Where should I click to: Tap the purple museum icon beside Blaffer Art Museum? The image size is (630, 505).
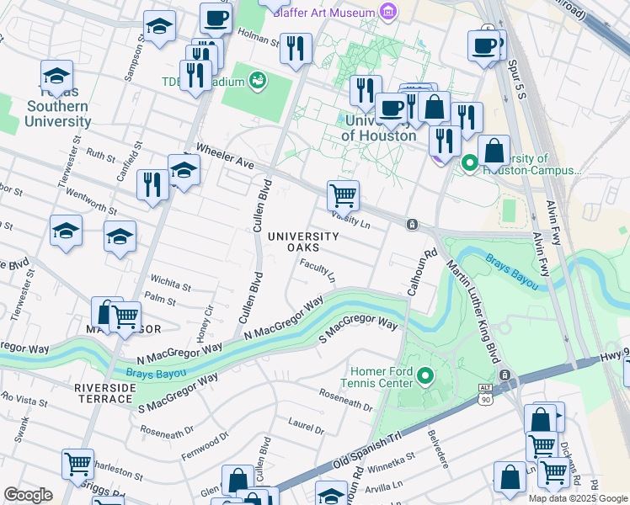pyautogui.click(x=387, y=12)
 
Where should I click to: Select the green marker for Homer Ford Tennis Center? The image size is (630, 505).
pyautogui.click(x=426, y=375)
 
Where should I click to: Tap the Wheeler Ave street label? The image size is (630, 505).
pyautogui.click(x=225, y=156)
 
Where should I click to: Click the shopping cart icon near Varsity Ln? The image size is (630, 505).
pyautogui.click(x=343, y=195)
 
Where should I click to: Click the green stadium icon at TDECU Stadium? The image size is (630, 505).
pyautogui.click(x=259, y=82)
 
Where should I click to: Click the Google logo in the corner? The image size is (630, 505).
pyautogui.click(x=27, y=495)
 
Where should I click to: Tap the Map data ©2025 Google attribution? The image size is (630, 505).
pyautogui.click(x=577, y=498)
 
